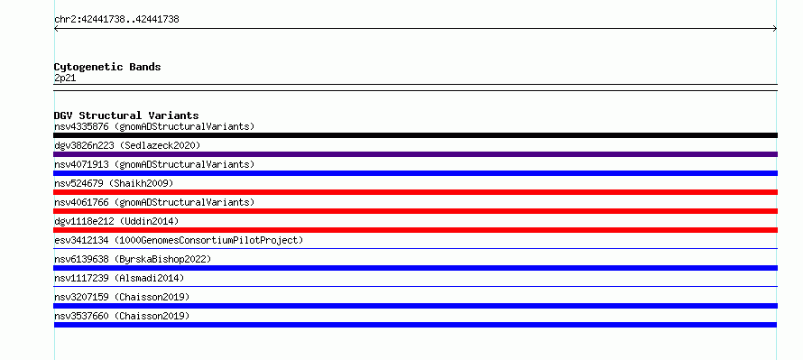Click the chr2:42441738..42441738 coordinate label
click(x=116, y=20)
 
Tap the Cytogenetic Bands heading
click(x=107, y=67)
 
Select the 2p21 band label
click(x=65, y=78)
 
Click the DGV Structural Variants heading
click(x=126, y=115)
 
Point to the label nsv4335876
click(x=81, y=126)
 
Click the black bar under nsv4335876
click(x=415, y=135)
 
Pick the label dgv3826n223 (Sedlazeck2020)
click(x=127, y=145)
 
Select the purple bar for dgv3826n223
click(x=415, y=154)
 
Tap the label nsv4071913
click(x=81, y=164)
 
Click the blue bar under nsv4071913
click(x=415, y=173)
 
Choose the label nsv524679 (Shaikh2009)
click(x=114, y=183)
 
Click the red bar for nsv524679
click(x=415, y=192)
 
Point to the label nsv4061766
click(x=81, y=202)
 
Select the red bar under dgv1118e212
click(x=415, y=230)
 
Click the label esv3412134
click(x=81, y=240)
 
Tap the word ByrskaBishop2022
click(x=162, y=260)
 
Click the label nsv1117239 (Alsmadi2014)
click(x=119, y=278)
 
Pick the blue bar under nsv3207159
click(x=415, y=306)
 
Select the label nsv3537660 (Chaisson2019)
click(x=122, y=316)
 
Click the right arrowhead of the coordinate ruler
click(x=775, y=29)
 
